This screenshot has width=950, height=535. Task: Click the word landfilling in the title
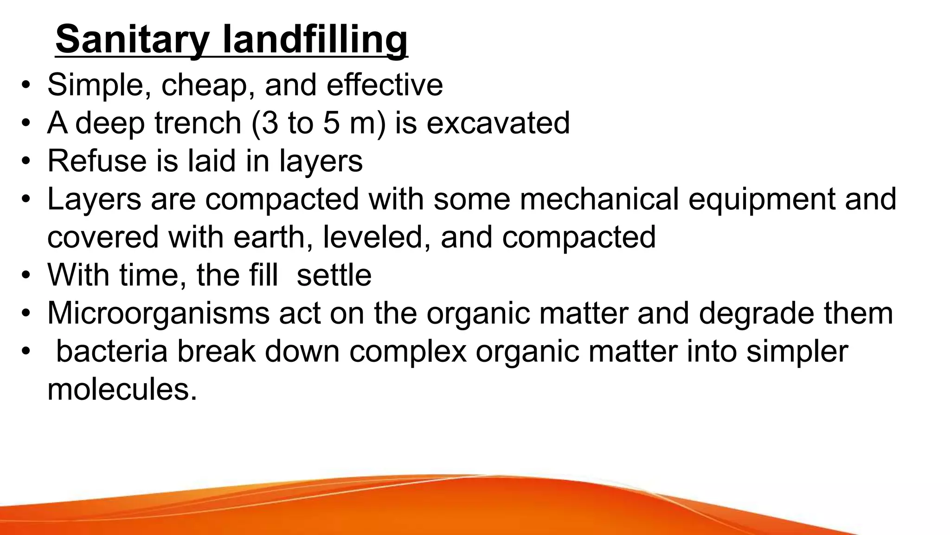[x=315, y=40]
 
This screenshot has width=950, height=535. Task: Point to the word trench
[x=198, y=123]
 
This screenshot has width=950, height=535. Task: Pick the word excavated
[x=498, y=123]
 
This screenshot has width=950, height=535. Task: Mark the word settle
[x=334, y=275]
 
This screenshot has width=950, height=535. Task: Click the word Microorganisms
[x=158, y=313]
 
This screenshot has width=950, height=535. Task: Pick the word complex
[x=408, y=352]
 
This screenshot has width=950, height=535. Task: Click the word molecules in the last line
[x=122, y=390]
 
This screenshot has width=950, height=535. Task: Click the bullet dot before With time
[x=26, y=275]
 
